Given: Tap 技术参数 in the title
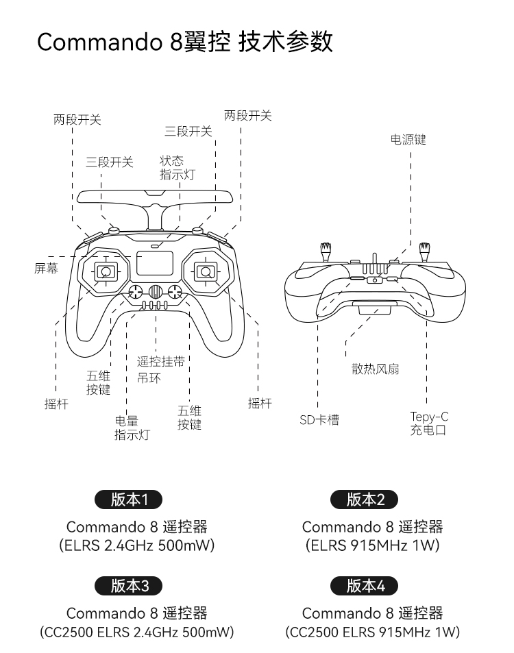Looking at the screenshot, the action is click(286, 42).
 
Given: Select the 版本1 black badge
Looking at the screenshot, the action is click(129, 500).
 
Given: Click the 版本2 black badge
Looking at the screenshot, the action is click(365, 500).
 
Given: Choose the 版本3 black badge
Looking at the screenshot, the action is click(129, 586).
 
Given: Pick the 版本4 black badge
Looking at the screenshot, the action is click(365, 586).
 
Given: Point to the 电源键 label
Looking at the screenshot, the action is click(408, 140).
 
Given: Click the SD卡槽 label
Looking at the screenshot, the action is click(319, 419).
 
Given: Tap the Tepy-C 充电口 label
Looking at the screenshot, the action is click(429, 423).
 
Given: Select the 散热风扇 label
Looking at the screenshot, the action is click(376, 369).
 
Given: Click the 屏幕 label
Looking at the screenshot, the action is click(46, 268).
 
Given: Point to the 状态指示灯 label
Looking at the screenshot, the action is click(177, 167).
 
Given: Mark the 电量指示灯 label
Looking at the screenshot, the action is click(132, 428).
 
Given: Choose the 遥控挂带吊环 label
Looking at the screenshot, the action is click(161, 369).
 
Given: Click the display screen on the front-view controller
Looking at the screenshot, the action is click(155, 263).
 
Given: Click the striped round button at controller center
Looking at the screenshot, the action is click(156, 291).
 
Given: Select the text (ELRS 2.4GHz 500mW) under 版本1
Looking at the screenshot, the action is click(136, 545).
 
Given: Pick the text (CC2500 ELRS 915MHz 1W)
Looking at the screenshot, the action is click(372, 632).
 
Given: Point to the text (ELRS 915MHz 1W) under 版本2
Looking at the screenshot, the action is click(372, 545).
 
